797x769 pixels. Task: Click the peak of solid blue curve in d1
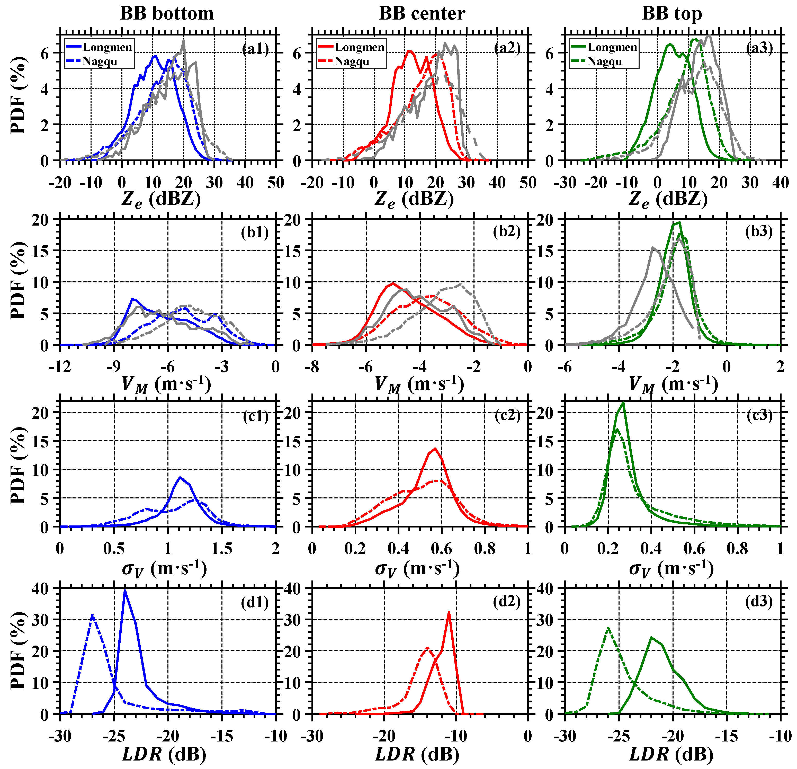tap(125, 591)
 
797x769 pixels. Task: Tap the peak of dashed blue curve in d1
tap(93, 615)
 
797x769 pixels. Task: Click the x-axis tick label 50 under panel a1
tap(276, 183)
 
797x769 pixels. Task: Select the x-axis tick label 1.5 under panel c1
tap(222, 549)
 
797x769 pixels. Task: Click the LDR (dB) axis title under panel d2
tap(417, 754)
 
